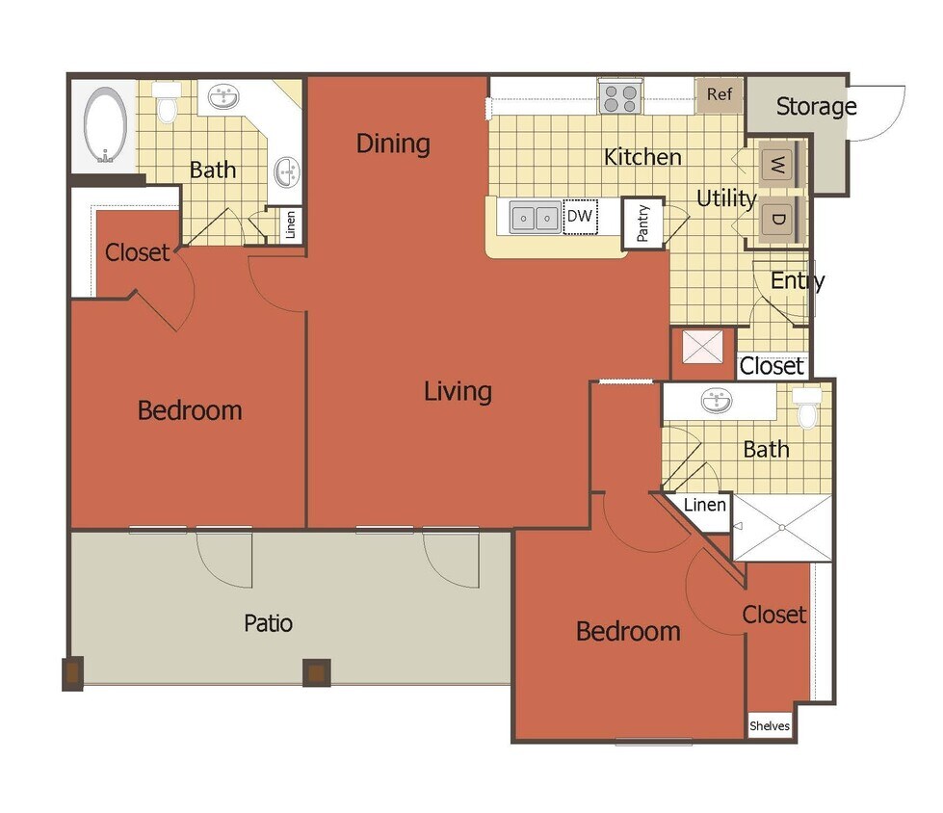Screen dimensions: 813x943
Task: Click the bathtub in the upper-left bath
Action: pos(105,124)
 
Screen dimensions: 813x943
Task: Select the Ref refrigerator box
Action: pos(720,94)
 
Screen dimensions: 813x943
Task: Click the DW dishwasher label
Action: pos(579,217)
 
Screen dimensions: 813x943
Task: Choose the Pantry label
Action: pos(643,223)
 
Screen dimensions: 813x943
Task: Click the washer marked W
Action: pos(778,166)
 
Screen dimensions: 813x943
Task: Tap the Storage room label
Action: pos(816,106)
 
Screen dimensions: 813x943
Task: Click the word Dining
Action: pos(393,144)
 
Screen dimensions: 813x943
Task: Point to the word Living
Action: pos(458,391)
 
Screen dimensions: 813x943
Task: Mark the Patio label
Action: pos(268,622)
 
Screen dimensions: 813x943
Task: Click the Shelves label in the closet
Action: pos(770,726)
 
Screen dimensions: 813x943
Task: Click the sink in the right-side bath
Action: pos(716,401)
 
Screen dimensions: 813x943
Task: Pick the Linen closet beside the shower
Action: pos(706,505)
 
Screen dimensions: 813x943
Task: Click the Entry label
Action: pos(798,281)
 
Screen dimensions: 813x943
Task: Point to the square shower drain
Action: pos(782,527)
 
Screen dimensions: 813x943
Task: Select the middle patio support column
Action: pos(316,671)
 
